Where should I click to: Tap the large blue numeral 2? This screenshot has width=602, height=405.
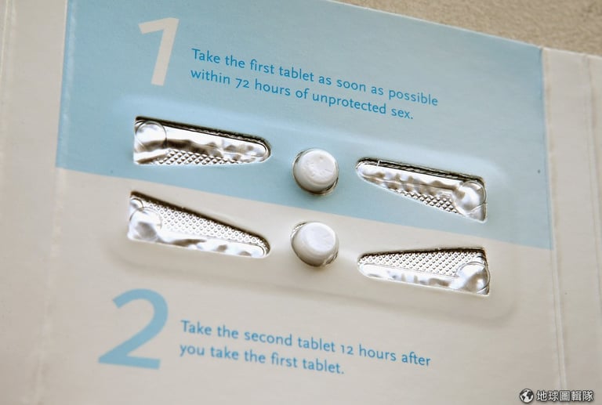pos(135,329)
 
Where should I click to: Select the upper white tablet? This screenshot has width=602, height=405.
pos(316,171)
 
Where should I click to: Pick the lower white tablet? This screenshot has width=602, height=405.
pos(315,244)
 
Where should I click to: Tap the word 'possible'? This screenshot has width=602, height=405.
pos(413,96)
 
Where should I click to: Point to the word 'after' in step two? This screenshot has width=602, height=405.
pos(415,358)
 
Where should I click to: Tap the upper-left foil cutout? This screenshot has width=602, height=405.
pos(200,143)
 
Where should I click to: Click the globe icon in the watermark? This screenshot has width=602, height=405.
pos(527,396)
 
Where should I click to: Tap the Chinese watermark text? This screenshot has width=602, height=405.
pos(564,396)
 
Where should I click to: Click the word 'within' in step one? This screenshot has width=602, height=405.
pos(210,77)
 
